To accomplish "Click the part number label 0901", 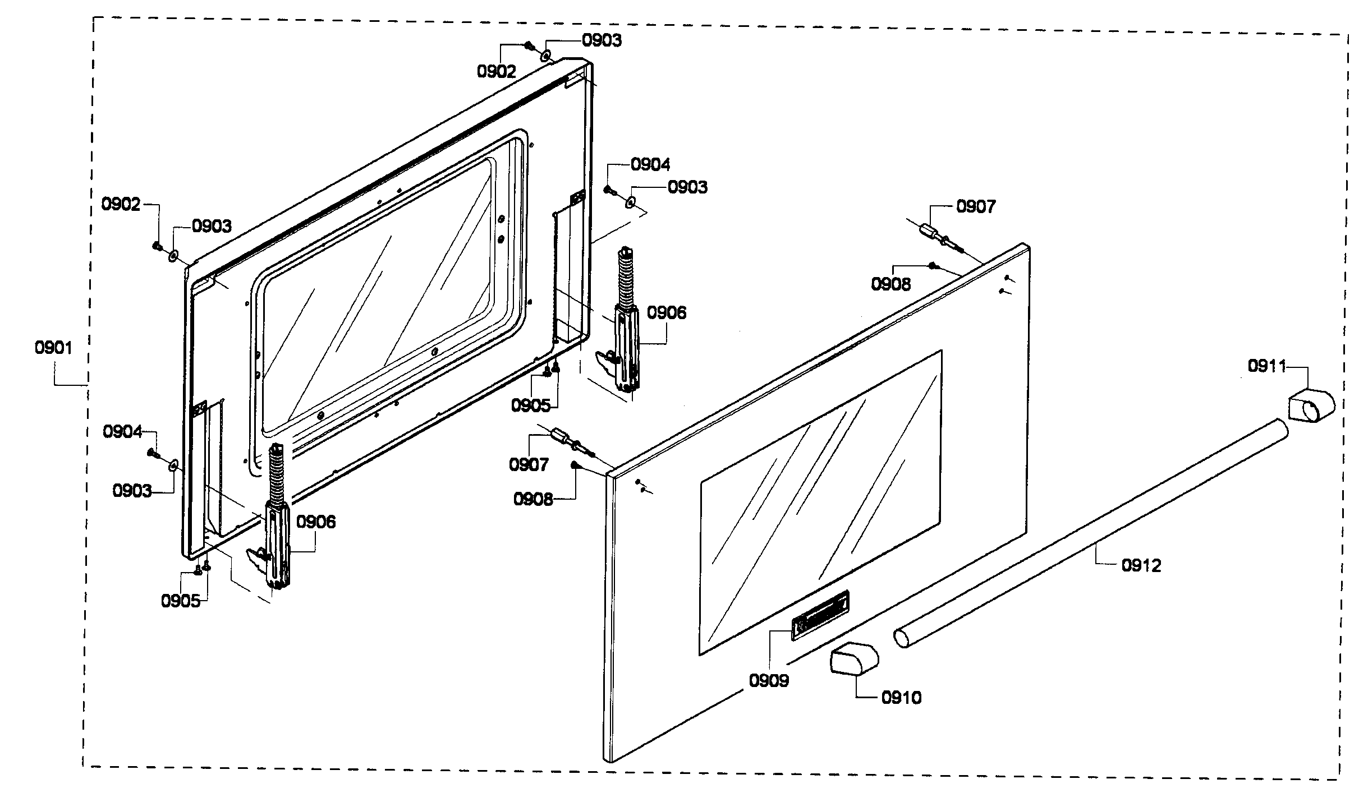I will pyautogui.click(x=54, y=348).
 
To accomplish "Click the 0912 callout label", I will pyautogui.click(x=1141, y=565).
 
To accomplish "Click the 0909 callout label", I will pyautogui.click(x=769, y=680).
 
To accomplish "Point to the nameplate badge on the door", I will pyautogui.click(x=820, y=615).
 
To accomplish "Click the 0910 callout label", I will pyautogui.click(x=901, y=698).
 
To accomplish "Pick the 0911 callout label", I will pyautogui.click(x=1267, y=366).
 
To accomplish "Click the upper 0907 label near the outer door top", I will pyautogui.click(x=976, y=207).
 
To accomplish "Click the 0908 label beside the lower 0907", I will pyautogui.click(x=533, y=499).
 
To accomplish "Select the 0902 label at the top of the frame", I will pyautogui.click(x=496, y=71).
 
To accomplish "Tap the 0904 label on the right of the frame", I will pyautogui.click(x=650, y=164).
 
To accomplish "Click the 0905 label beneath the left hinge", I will pyautogui.click(x=181, y=601).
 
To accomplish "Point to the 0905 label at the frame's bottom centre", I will pyautogui.click(x=530, y=405).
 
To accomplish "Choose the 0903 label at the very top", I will pyautogui.click(x=602, y=40).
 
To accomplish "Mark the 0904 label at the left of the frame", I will pyautogui.click(x=122, y=432).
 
